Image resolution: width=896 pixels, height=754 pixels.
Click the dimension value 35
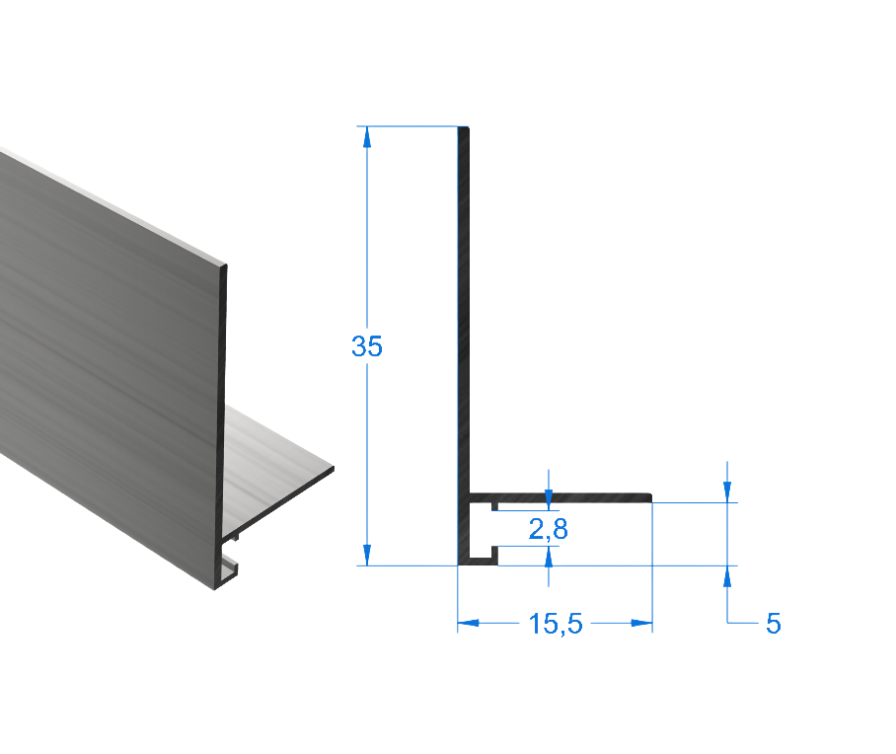(x=367, y=346)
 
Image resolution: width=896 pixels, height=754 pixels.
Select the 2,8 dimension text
(x=549, y=530)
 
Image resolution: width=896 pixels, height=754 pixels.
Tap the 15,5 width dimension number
(x=556, y=624)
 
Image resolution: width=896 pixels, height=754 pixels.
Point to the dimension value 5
(x=773, y=624)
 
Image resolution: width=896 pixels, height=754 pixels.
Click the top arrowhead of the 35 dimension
(x=367, y=139)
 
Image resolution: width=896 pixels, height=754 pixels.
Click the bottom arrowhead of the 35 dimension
(x=367, y=554)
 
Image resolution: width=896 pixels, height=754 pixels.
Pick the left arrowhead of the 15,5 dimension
(x=470, y=624)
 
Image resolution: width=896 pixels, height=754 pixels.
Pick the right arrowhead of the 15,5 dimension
(x=640, y=624)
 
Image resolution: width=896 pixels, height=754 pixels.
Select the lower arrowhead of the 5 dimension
(x=727, y=577)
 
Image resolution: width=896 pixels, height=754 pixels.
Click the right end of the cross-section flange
(x=650, y=496)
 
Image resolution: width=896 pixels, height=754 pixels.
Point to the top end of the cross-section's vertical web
(x=463, y=130)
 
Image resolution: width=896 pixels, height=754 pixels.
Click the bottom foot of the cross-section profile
(x=480, y=562)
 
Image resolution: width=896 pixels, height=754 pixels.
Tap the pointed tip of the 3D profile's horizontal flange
(x=332, y=470)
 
